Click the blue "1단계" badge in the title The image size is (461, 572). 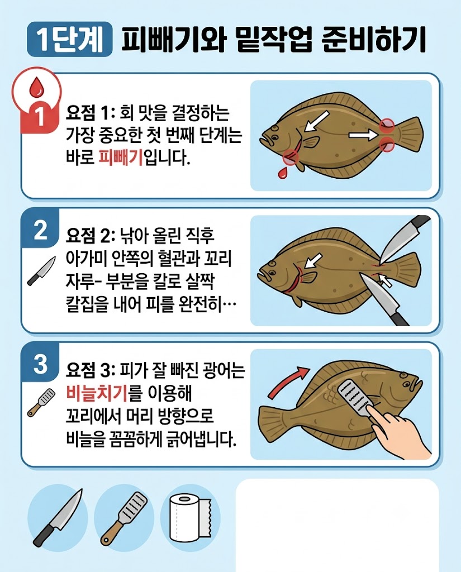70,39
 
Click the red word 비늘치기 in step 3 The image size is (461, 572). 97,393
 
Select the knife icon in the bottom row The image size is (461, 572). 58,518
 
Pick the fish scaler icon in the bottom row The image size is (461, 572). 124,518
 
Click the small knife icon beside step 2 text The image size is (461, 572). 41,271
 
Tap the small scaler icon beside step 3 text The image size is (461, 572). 41,403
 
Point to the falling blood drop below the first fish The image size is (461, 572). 282,173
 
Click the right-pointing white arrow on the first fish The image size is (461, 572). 362,136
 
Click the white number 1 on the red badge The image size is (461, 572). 40,116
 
